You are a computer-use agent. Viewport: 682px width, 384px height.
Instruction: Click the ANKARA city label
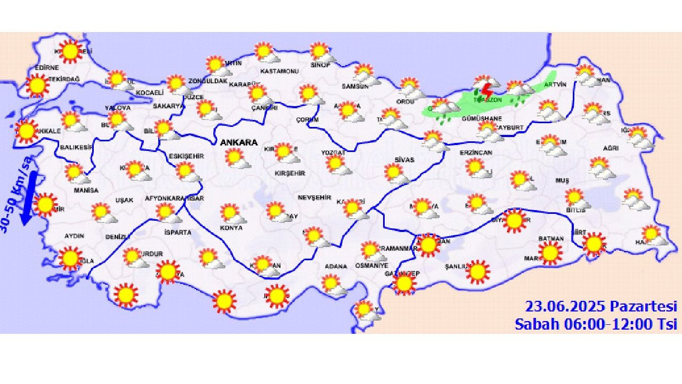point(239,142)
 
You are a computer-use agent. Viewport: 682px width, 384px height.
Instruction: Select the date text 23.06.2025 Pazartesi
point(600,307)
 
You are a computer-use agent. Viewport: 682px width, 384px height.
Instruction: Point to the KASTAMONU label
point(279,71)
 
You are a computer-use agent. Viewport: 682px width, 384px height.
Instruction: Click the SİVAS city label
point(404,159)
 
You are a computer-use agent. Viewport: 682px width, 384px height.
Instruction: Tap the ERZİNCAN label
point(476,153)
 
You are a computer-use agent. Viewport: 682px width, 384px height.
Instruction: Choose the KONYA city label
point(231,228)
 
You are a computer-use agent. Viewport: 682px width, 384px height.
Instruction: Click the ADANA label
point(336,266)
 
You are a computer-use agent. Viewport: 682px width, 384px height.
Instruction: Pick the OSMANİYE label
point(372,266)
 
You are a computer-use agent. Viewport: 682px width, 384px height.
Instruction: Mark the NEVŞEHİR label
point(312,197)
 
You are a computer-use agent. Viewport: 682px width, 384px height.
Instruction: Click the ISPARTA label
point(177,233)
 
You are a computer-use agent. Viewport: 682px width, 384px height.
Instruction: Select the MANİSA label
point(86,190)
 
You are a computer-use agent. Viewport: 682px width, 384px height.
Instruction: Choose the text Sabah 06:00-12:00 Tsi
point(595,324)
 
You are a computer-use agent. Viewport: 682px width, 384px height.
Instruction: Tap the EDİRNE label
point(47,68)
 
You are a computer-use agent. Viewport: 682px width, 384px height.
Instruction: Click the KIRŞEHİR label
point(289,173)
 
